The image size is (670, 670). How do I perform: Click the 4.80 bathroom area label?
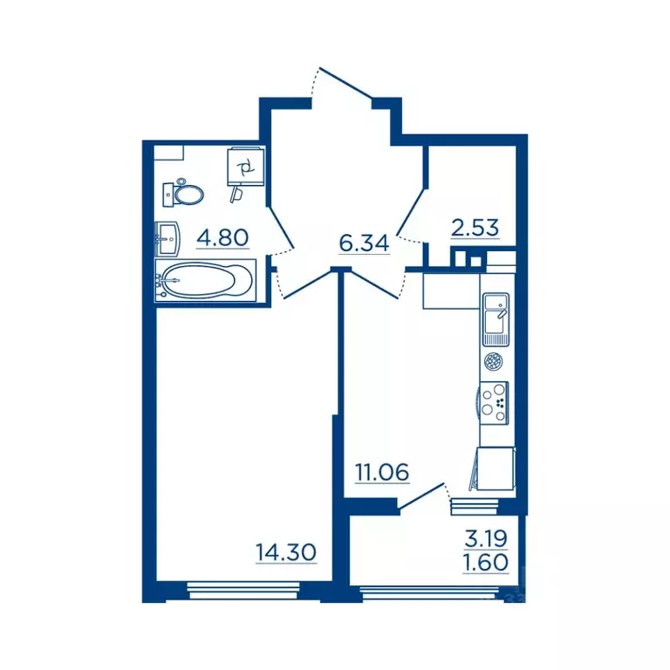coord(222,237)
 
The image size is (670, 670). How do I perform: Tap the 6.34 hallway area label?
coord(364,243)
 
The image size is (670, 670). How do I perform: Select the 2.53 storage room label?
coord(475,228)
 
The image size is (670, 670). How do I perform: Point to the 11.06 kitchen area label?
coord(382,472)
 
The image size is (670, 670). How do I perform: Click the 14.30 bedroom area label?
coord(286,552)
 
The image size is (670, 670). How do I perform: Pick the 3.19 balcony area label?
coord(486,539)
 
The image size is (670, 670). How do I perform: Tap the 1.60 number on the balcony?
coord(486,563)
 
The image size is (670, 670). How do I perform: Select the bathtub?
coord(206,280)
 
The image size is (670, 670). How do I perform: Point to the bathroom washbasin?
coord(167,239)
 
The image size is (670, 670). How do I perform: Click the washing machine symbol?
coord(245,167)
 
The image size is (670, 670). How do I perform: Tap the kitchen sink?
coord(496,319)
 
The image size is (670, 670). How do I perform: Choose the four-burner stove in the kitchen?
coord(494,403)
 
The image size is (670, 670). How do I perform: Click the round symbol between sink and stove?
coord(493,362)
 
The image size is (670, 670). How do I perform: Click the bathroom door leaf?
coord(281,228)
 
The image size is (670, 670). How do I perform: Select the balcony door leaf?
coord(421,496)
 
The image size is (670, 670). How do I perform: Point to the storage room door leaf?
coord(411,212)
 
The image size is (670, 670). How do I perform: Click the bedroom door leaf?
coord(308,284)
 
